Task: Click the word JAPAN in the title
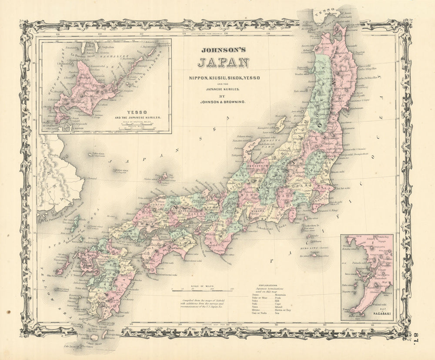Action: (x=224, y=63)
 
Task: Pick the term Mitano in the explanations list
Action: (x=256, y=310)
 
